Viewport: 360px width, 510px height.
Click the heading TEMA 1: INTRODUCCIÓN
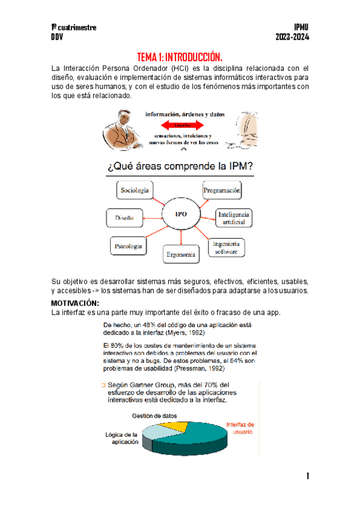tap(180, 58)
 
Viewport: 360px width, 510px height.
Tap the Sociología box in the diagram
tap(134, 191)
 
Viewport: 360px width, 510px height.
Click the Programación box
tap(222, 191)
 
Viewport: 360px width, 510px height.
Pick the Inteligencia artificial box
tap(234, 218)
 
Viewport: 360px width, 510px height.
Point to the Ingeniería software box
tap(227, 248)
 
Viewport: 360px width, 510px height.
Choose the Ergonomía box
tap(180, 255)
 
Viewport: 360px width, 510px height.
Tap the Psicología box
tap(129, 246)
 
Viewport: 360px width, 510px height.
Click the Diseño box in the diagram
tap(124, 218)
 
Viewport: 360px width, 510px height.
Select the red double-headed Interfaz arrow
tap(183, 125)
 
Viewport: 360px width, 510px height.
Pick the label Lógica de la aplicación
tap(121, 438)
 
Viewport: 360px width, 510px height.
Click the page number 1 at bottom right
tap(307, 477)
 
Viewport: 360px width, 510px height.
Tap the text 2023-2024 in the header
tap(291, 37)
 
